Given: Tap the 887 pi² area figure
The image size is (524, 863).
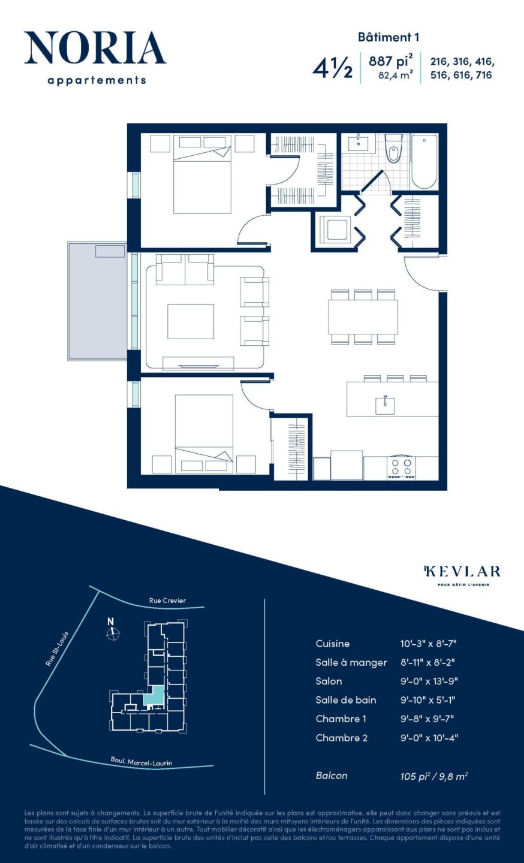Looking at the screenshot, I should coord(390,61).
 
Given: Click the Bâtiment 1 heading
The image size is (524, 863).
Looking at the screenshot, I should coord(389,37).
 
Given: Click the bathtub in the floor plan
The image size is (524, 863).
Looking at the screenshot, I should coord(424,161).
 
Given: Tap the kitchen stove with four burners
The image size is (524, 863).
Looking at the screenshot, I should coord(402,467).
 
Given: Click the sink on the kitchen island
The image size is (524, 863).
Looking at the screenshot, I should coord(385,405).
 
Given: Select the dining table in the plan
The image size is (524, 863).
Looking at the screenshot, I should coord(363,316).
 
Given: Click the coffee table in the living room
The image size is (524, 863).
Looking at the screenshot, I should coord(191,322).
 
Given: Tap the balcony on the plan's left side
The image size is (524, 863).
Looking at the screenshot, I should coord(97,301).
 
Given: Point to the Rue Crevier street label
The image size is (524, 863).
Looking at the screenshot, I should coord(167,601).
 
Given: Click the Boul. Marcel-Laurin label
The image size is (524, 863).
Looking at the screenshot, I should coord(141,761).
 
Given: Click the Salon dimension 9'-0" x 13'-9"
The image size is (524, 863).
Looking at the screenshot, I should coord(429,681).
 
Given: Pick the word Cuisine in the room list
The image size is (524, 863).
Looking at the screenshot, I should coord(332,644).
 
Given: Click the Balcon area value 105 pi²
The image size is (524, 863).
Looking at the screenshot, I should coord(415,776).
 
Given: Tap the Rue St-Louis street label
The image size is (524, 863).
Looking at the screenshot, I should coord(58,648).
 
